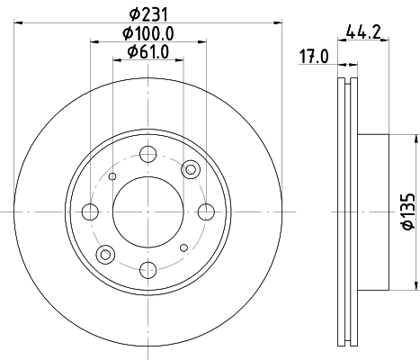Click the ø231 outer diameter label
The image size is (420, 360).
pyautogui.click(x=147, y=13)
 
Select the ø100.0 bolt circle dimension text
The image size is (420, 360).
pyautogui.click(x=148, y=33)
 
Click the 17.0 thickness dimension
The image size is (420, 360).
pyautogui.click(x=315, y=58)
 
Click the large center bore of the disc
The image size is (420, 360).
pyautogui.click(x=147, y=211)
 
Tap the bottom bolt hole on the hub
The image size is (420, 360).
pyautogui.click(x=147, y=269)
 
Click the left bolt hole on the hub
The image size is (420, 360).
pyautogui.click(x=90, y=212)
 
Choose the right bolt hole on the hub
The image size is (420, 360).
pyautogui.click(x=205, y=212)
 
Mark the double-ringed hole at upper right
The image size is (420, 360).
pyautogui.click(x=190, y=169)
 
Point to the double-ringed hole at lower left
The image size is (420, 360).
pyautogui.click(x=106, y=255)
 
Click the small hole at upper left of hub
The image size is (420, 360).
pyautogui.click(x=112, y=176)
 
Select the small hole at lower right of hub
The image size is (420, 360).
pyautogui.click(x=183, y=247)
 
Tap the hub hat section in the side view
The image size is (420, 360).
pyautogui.click(x=373, y=212)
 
